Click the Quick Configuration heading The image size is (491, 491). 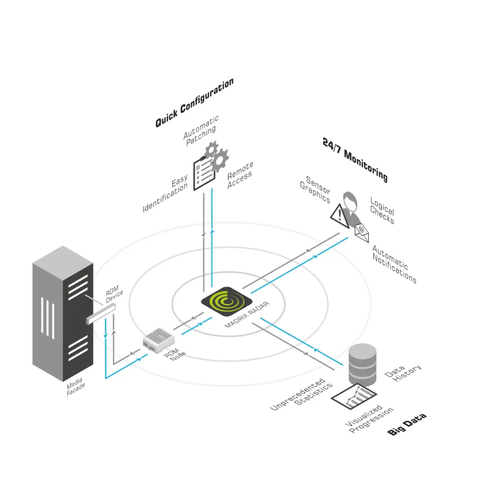194,103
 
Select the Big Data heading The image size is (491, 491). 407,424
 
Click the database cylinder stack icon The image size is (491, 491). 362,363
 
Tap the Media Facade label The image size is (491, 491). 76,387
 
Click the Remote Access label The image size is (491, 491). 240,175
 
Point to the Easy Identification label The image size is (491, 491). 166,194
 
